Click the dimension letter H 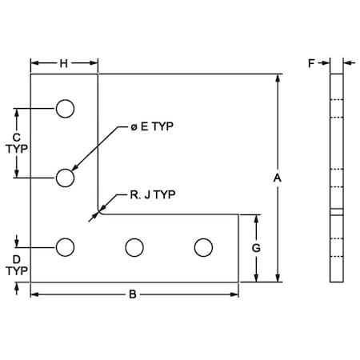click(x=63, y=63)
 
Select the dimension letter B click(x=134, y=294)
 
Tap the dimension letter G click(x=256, y=248)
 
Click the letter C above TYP click(x=16, y=137)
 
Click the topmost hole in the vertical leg click(x=65, y=108)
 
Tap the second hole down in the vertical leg click(x=65, y=178)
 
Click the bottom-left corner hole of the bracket click(x=65, y=248)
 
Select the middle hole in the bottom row click(x=134, y=248)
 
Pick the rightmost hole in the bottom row click(x=204, y=248)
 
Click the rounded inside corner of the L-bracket click(x=102, y=211)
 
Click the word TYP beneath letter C click(x=16, y=148)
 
